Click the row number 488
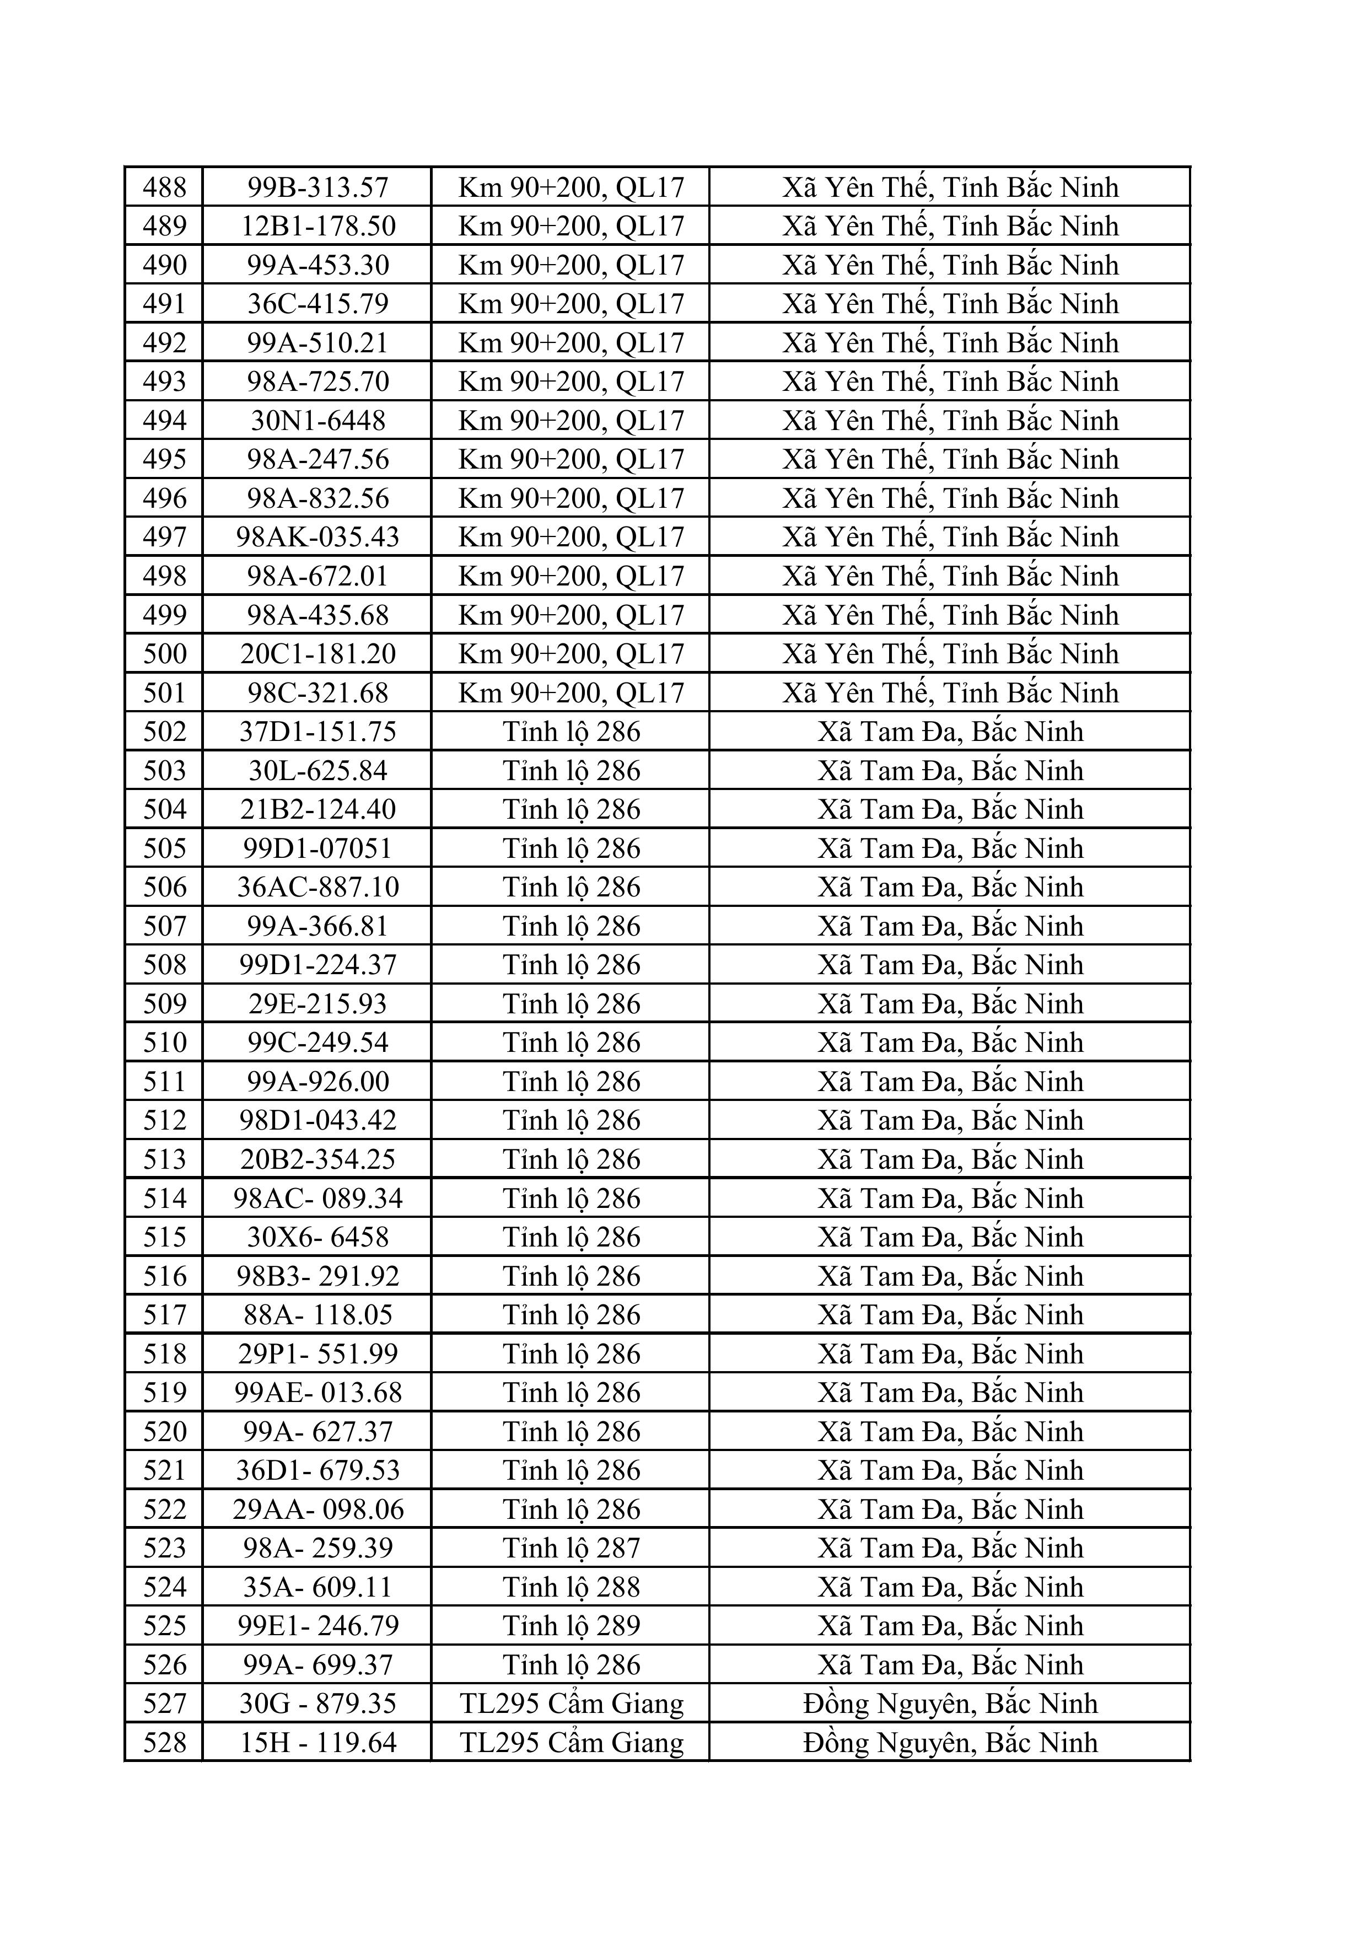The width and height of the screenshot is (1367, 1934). click(164, 187)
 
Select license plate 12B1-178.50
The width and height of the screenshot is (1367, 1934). click(317, 225)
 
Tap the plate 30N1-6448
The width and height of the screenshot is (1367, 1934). click(317, 420)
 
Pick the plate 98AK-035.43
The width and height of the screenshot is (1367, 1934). click(317, 536)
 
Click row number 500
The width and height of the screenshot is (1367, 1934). click(164, 654)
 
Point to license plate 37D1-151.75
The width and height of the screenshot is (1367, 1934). click(317, 731)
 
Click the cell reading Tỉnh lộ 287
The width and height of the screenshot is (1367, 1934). click(571, 1548)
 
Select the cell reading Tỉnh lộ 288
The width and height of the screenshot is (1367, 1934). click(571, 1587)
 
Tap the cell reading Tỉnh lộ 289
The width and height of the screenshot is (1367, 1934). click(571, 1626)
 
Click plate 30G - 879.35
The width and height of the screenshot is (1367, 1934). click(317, 1703)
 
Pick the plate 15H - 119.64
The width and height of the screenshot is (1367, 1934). click(317, 1742)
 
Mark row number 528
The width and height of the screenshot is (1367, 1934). click(164, 1742)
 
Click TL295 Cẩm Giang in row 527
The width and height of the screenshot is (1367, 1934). click(571, 1703)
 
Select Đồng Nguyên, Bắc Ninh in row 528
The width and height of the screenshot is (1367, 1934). click(950, 1742)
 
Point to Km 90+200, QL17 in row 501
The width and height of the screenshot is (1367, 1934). click(571, 692)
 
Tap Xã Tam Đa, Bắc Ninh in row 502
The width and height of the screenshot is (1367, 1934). click(950, 731)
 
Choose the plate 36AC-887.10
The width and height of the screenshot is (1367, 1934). click(317, 887)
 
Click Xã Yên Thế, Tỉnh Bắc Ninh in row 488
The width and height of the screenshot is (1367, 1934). click(950, 187)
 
